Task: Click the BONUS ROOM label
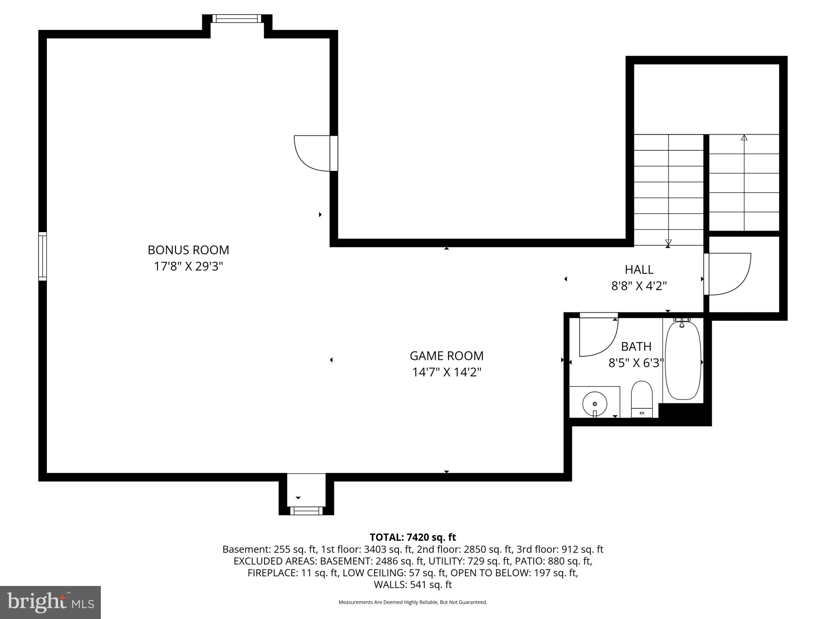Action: coord(188,250)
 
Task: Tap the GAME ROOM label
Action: coord(446,356)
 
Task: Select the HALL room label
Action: coord(639,269)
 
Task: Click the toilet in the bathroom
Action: coord(641,397)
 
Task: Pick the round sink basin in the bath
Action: coord(594,403)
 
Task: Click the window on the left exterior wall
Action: coord(42,256)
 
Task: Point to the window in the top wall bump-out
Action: coord(237,19)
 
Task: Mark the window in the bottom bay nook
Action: coord(306,511)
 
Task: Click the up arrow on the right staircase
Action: coord(744,138)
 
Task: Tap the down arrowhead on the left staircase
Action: coord(668,242)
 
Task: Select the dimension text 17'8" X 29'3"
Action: coord(188,266)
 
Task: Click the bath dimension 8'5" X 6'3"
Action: coord(636,363)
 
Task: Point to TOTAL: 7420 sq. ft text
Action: coord(413,537)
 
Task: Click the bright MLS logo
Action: coord(50,602)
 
